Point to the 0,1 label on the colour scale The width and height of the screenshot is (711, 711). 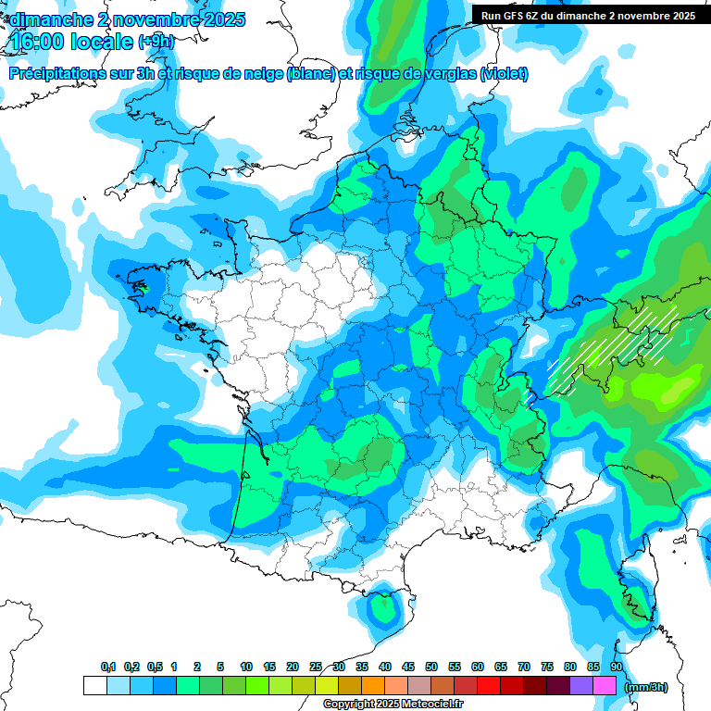pyautogui.click(x=107, y=667)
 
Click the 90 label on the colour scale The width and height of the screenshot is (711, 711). pyautogui.click(x=616, y=667)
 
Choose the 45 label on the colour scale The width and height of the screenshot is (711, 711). pyautogui.click(x=408, y=667)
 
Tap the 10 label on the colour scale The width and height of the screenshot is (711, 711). pyautogui.click(x=246, y=667)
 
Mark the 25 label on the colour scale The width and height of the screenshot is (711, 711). pyautogui.click(x=316, y=667)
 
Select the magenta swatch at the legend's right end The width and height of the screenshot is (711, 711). pyautogui.click(x=605, y=686)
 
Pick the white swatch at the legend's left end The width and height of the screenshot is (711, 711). pyautogui.click(x=95, y=686)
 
